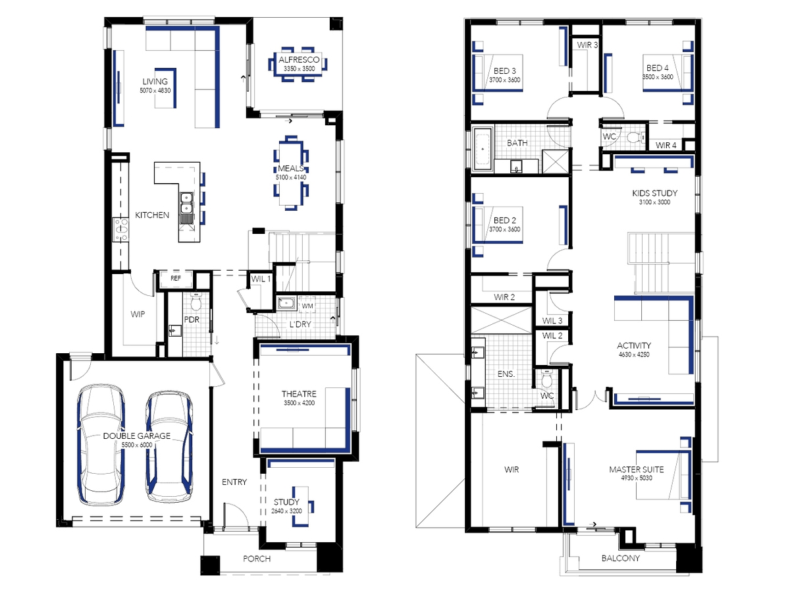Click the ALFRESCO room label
[x=299, y=60]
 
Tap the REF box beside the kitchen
[x=176, y=278]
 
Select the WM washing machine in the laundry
[x=307, y=306]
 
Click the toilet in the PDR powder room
[x=196, y=302]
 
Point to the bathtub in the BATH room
[x=483, y=149]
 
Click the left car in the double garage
[x=101, y=445]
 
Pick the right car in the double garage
[x=169, y=447]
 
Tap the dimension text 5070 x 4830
[x=155, y=91]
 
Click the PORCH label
[x=257, y=559]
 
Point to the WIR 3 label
[x=587, y=45]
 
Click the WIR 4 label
[x=666, y=146]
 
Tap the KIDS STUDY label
[x=654, y=193]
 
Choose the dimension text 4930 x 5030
[x=637, y=478]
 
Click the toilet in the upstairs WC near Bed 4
[x=636, y=137]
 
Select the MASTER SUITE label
[x=637, y=470]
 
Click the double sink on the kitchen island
[x=186, y=204]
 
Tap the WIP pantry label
[x=138, y=314]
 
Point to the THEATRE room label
[x=299, y=394]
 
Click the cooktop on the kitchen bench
[x=120, y=229]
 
